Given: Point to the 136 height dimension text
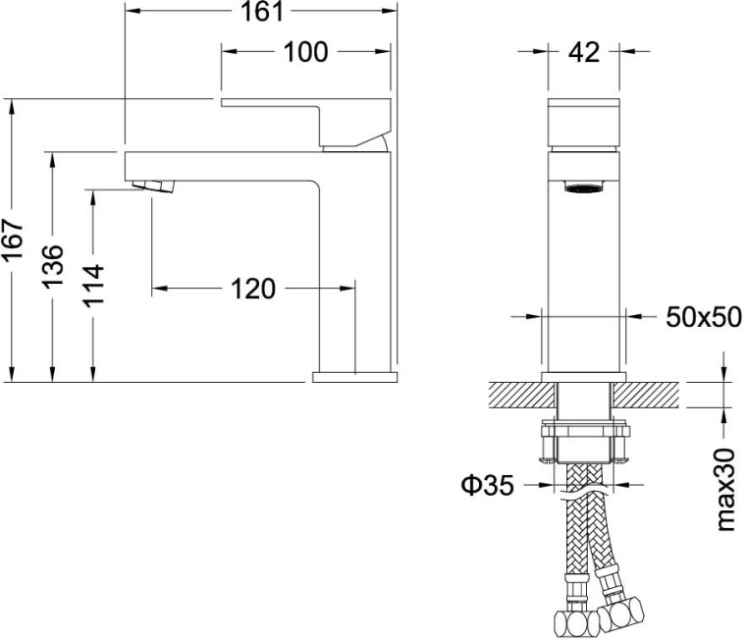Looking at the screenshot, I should coord(55,266).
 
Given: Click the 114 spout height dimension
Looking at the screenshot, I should coord(95,285).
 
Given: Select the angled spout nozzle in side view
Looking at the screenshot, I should coord(153,184).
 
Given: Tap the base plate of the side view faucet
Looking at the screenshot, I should coord(354,376).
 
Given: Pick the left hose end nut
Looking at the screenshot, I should coord(571,621).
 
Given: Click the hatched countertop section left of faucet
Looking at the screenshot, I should coord(516,395).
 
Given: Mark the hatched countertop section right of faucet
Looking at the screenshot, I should coord(649,395).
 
